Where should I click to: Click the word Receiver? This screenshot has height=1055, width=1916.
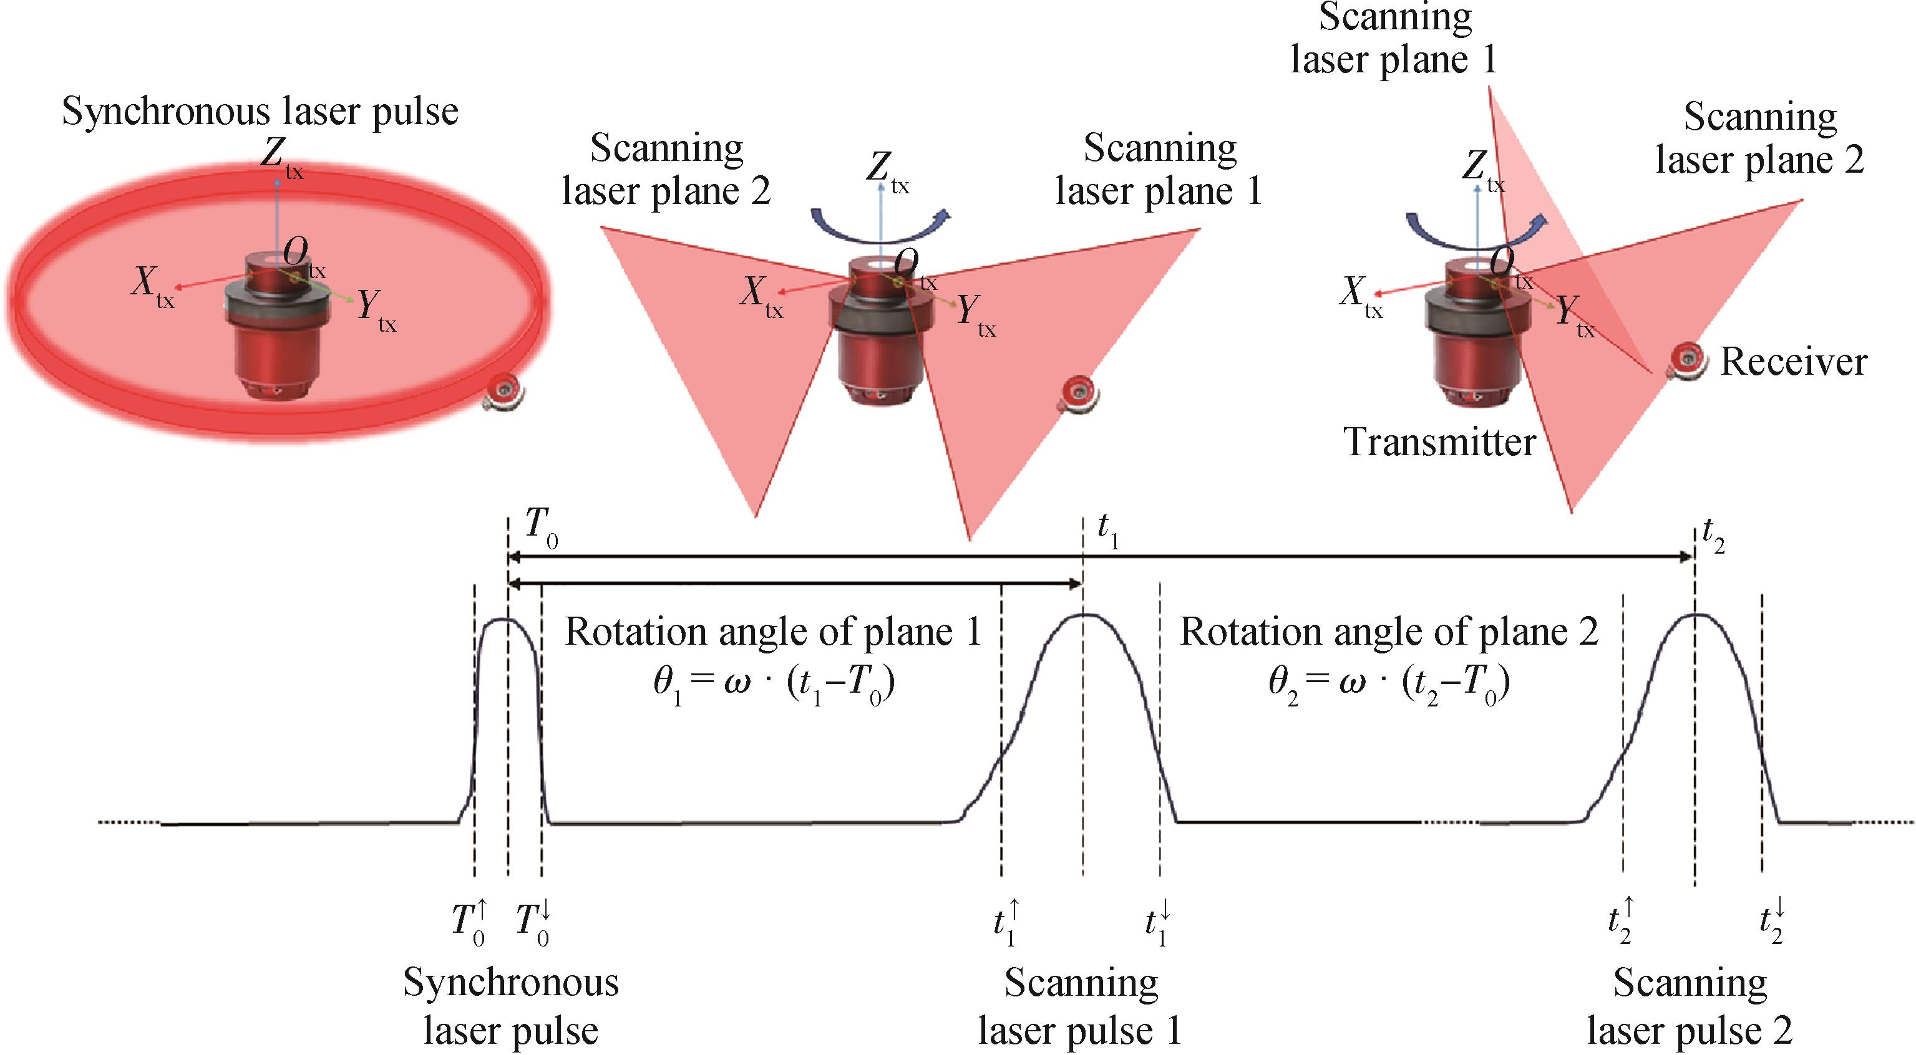pyautogui.click(x=1793, y=362)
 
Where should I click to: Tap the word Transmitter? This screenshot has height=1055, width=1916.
pyautogui.click(x=1439, y=442)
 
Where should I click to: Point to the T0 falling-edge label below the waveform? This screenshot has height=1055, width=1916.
pyautogui.click(x=533, y=923)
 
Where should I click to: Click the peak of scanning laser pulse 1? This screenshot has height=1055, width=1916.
pyautogui.click(x=1083, y=615)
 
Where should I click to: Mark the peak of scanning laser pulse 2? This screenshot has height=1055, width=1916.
pyautogui.click(x=1695, y=615)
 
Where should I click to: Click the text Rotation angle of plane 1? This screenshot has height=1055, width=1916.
pyautogui.click(x=774, y=633)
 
